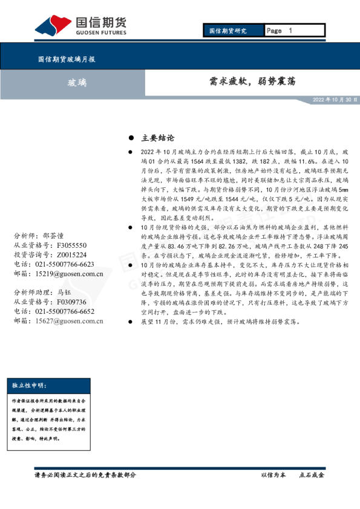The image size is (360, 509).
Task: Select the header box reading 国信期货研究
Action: [x=228, y=30]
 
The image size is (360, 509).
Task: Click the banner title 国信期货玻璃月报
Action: [x=66, y=59]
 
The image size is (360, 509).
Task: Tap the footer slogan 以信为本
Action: [x=273, y=475]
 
